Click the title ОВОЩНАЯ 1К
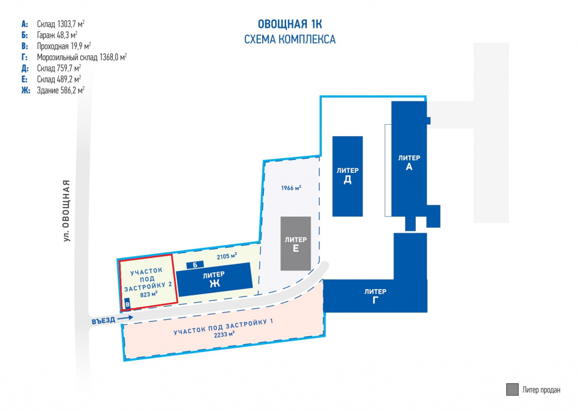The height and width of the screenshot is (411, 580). coord(289,24)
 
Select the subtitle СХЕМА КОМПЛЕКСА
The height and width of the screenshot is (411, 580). coord(289,39)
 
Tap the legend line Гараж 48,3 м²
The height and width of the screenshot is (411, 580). coord(57,35)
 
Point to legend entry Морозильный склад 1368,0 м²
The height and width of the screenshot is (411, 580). coord(82,57)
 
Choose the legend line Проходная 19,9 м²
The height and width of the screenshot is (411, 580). coord(63,46)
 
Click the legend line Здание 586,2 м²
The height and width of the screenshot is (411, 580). coord(61,90)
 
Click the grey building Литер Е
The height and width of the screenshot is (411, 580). coord(296,244)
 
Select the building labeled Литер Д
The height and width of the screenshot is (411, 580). coord(347,176)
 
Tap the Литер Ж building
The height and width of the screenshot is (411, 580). coord(215,279)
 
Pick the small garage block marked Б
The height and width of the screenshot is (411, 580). coord(195,265)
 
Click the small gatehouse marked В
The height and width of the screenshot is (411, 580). coord(127,304)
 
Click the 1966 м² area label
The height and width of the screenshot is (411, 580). coord(291,188)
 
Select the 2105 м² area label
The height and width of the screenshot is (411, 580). coord(227,256)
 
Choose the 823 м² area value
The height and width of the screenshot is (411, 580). coord(149,295)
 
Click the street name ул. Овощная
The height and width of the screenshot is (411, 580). coord(66,211)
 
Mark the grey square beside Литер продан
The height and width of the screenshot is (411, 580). coord(512,389)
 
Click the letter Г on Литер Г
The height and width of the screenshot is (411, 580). coord(375,300)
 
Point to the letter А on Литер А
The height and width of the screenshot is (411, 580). coord(409,167)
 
